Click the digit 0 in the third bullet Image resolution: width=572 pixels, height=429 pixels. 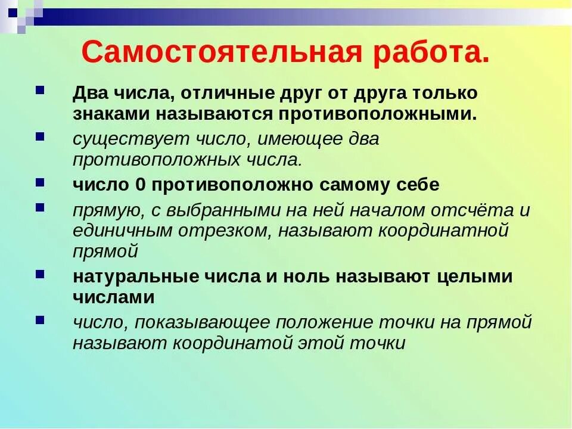click(141, 185)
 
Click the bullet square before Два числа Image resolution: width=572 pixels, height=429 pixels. click(40, 91)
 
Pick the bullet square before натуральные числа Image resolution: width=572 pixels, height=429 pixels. click(40, 273)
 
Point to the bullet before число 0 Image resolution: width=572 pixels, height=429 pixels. click(40, 182)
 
